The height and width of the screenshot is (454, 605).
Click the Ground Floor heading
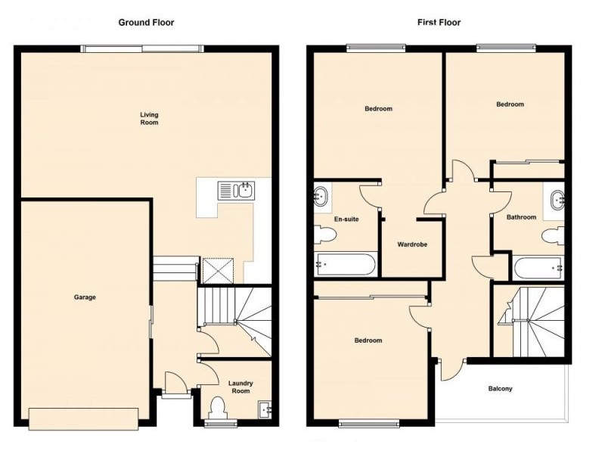point(146,22)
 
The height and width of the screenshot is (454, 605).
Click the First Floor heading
point(439,22)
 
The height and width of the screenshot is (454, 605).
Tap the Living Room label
point(149,118)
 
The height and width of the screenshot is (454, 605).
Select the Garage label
point(85,297)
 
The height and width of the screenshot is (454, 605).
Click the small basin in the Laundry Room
point(265,409)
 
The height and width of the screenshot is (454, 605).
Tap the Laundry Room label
point(240,387)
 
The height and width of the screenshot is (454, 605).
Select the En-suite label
point(346,219)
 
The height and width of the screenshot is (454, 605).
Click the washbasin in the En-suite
point(321,197)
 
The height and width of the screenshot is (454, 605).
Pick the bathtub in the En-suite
point(345,265)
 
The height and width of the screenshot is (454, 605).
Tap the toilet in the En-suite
point(324,237)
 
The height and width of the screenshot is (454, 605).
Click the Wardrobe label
point(413,244)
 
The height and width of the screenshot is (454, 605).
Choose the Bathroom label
point(521,217)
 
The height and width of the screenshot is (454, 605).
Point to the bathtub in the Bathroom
point(538,268)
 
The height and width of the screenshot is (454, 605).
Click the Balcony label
point(500,389)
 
